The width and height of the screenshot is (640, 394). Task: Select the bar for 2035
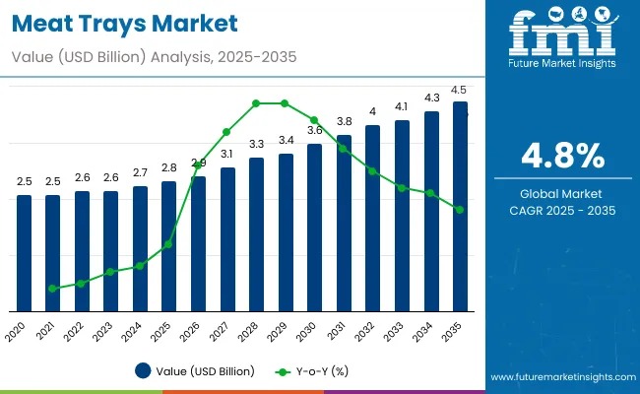[460, 207]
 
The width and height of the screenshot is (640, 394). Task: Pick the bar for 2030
[314, 228]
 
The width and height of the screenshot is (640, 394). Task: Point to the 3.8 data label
[344, 122]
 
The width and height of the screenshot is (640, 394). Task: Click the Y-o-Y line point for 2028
[256, 102]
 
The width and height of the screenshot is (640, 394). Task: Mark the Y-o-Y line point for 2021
[52, 289]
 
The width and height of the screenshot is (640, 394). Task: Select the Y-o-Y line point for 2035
[460, 210]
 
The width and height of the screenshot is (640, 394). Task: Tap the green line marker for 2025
[168, 244]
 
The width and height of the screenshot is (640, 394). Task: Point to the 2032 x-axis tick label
[368, 330]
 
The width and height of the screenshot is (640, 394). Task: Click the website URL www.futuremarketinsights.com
[558, 378]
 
